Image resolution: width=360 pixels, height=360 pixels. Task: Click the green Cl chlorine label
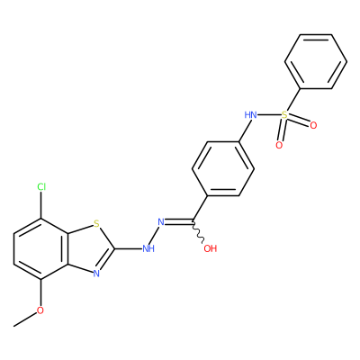pos(41,187)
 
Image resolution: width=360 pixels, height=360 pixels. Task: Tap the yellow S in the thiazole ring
pos(96,223)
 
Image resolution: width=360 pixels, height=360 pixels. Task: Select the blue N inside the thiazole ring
pos(96,274)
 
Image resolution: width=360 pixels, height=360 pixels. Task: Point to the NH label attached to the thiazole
pos(148,248)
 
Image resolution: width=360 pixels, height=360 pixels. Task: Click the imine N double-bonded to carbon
pos(161,222)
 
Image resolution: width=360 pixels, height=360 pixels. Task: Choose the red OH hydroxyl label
pos(211,248)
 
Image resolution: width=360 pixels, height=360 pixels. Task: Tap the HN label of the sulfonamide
pos(251,115)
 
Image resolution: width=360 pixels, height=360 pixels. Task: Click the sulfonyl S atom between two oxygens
pos(284,115)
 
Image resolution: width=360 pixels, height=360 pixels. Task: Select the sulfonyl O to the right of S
pos(313,125)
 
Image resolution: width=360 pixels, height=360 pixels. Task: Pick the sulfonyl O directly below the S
pos(279,146)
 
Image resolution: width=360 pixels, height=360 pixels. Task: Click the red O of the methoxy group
pos(40,310)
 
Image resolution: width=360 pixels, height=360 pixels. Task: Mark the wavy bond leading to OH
pos(199,231)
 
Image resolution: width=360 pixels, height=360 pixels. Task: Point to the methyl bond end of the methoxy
pos(13,326)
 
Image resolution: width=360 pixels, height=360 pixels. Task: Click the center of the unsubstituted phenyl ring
pos(316,61)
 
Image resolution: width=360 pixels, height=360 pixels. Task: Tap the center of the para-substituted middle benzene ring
pos(223,168)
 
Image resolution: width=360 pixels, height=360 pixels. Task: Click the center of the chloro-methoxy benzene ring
pos(40,249)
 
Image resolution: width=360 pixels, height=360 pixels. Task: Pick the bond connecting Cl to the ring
pos(41,205)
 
